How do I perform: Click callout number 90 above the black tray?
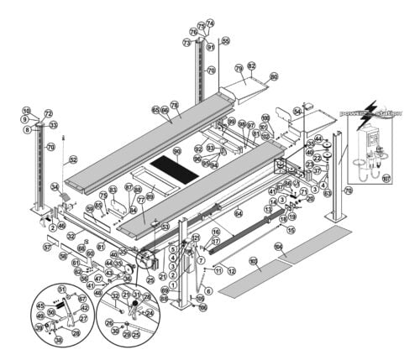click(177, 151)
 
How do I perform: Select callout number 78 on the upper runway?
click(175, 106)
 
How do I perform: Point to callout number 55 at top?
click(225, 40)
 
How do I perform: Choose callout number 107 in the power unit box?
click(386, 178)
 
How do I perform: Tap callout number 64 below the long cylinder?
click(238, 213)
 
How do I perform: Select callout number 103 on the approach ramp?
click(253, 262)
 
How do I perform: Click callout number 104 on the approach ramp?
click(278, 247)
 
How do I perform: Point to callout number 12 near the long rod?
click(231, 272)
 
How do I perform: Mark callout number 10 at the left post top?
click(26, 111)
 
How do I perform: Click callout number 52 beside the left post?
click(73, 159)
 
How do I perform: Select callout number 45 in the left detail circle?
click(39, 305)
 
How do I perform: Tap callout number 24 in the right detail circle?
click(151, 315)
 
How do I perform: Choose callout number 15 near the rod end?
click(291, 229)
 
